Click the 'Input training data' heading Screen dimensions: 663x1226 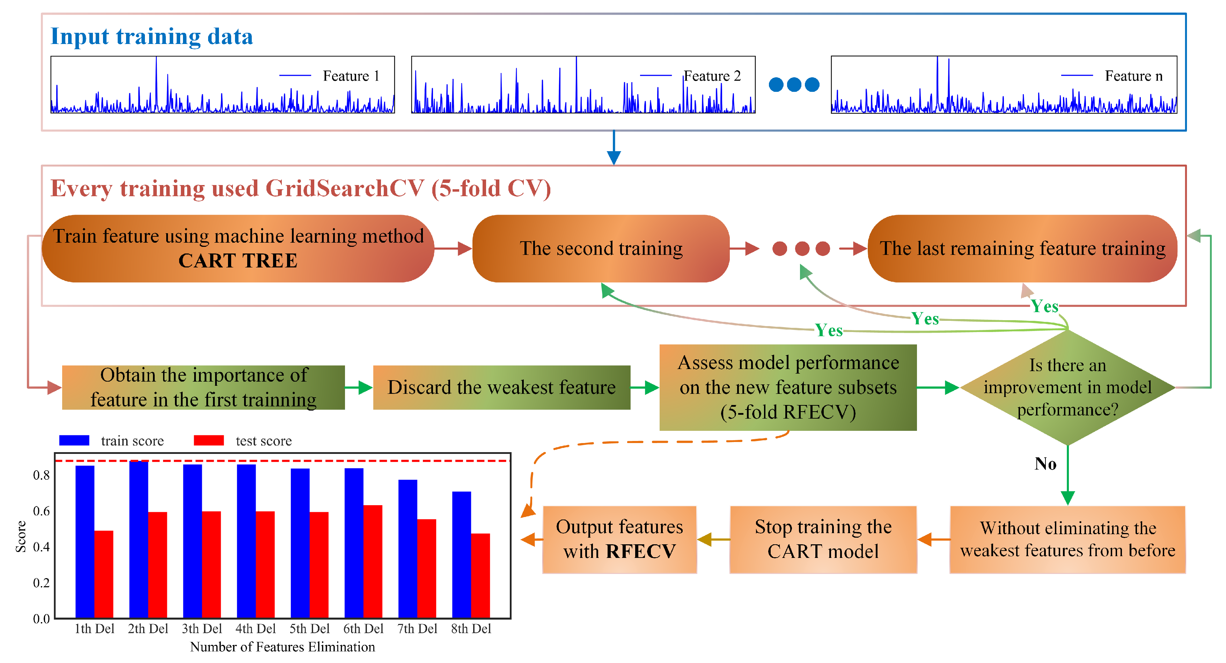[x=151, y=37]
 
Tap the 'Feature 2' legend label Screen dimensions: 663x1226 [x=712, y=76]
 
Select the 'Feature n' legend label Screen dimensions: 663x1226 [x=1133, y=76]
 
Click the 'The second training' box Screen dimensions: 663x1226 [x=601, y=249]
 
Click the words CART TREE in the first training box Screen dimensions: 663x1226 [x=237, y=261]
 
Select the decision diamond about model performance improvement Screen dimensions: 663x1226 [x=1067, y=388]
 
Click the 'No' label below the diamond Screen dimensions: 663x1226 [x=1045, y=464]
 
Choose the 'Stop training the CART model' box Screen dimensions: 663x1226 [x=823, y=539]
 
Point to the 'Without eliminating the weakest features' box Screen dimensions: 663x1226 [x=1067, y=539]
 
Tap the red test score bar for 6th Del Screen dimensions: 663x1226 [x=373, y=562]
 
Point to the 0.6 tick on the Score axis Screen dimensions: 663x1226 [x=42, y=511]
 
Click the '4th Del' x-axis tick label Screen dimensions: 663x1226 [x=256, y=629]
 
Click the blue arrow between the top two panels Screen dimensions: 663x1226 [x=614, y=148]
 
